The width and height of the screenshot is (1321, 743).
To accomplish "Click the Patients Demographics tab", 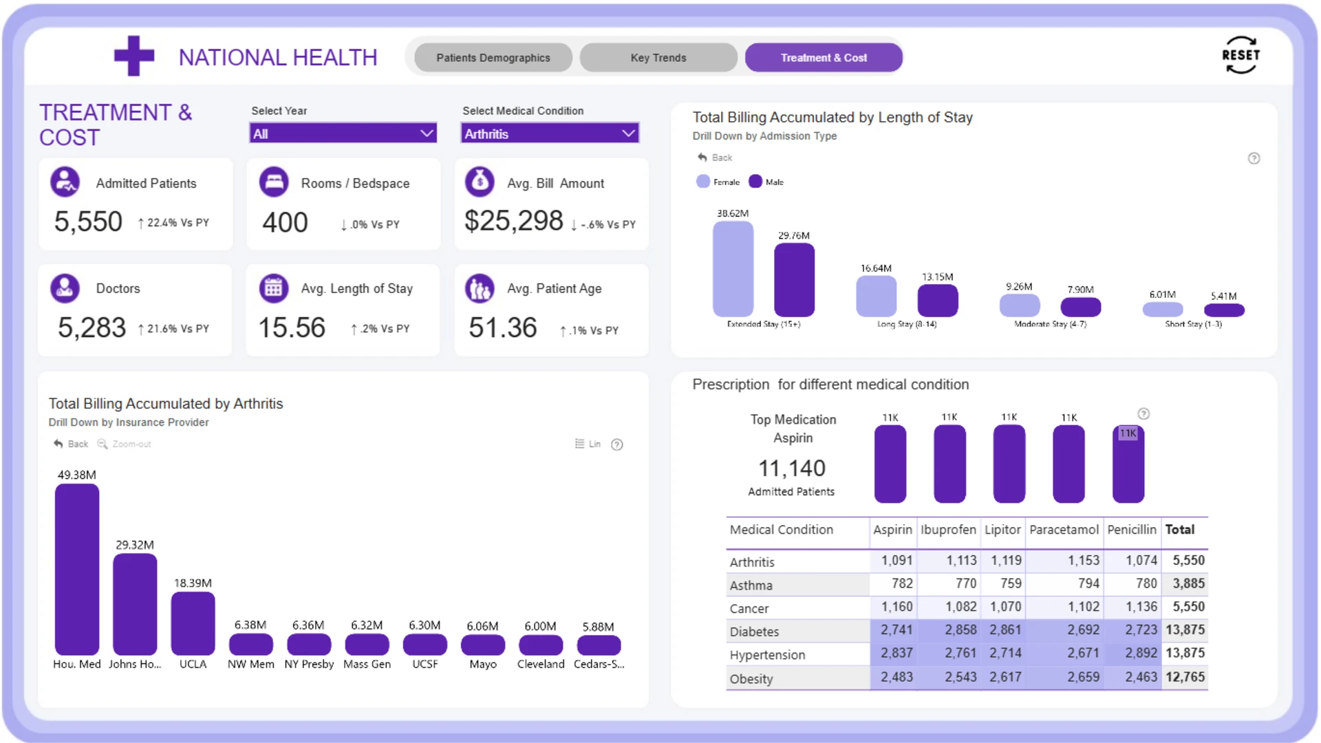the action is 493,58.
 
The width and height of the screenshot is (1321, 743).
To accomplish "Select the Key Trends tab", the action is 658,58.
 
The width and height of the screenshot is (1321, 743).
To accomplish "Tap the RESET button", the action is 1241,55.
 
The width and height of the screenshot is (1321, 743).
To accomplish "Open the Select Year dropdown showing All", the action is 343,133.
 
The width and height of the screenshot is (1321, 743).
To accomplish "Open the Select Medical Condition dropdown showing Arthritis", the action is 550,133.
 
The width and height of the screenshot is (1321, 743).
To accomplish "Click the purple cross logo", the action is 134,56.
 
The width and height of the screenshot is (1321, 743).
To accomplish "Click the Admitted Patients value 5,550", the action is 88,222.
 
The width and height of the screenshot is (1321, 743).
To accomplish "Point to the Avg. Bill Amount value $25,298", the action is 514,221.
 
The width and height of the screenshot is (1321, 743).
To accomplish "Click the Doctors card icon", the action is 65,288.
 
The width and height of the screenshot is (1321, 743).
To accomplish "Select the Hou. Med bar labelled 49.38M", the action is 77,570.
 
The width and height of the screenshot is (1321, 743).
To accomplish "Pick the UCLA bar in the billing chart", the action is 193,623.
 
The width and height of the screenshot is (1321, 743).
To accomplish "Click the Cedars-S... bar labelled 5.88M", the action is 599,645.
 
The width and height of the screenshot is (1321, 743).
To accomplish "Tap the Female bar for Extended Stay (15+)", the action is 733,269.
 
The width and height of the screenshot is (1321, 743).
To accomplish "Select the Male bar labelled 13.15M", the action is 938,301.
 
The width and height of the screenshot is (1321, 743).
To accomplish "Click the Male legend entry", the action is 766,182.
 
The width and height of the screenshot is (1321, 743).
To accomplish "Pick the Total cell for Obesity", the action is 1185,677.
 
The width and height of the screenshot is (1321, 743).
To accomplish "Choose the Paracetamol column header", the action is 1064,530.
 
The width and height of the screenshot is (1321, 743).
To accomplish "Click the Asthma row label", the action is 751,585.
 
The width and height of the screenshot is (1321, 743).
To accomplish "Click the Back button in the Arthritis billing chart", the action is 71,444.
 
